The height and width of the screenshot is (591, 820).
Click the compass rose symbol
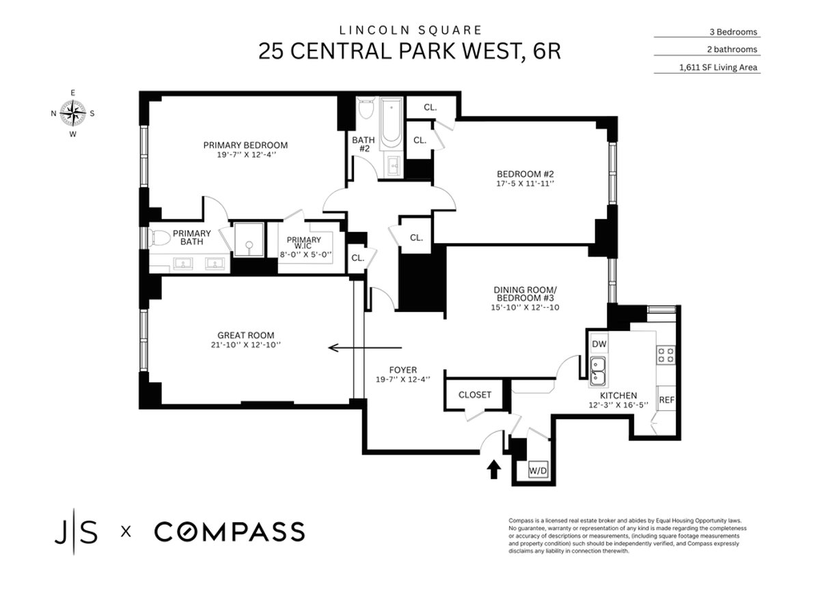click(x=73, y=113)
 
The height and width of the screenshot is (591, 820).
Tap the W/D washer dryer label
click(x=539, y=471)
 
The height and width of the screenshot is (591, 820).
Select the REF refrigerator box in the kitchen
click(x=666, y=400)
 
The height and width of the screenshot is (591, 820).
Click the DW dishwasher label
click(x=599, y=343)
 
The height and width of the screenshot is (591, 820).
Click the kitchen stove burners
click(x=666, y=354)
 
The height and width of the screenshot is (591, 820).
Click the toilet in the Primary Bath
click(x=159, y=238)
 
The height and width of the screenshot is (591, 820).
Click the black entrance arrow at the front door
click(x=493, y=470)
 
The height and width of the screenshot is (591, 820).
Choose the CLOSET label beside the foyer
click(x=475, y=395)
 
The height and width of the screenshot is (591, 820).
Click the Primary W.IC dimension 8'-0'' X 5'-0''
click(x=305, y=255)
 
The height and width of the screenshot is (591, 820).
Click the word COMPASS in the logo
click(x=229, y=532)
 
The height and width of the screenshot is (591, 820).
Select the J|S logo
click(x=76, y=532)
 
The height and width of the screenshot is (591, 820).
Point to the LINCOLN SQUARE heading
click(x=409, y=30)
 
